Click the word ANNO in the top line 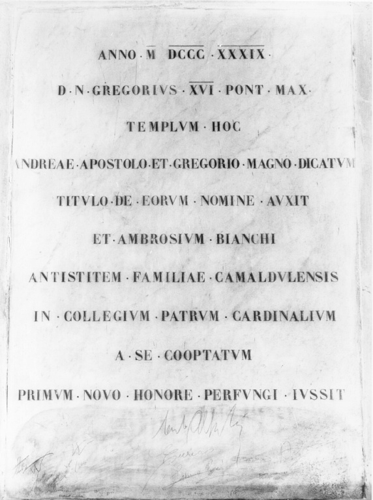pos(115,55)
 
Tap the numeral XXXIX pos(241,55)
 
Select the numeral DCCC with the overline pos(186,55)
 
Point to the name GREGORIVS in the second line pos(135,91)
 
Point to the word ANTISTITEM pos(75,277)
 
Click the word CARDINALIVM pos(284,316)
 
